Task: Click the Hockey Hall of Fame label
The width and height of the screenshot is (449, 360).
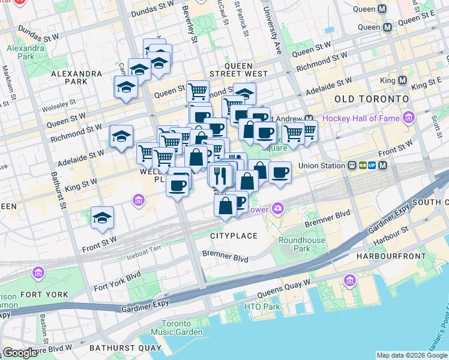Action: click(x=361, y=118)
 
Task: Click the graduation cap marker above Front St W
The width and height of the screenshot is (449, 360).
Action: click(x=103, y=218)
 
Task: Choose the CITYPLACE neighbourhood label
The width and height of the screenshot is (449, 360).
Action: click(x=234, y=236)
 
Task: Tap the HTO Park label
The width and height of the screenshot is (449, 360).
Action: click(x=262, y=307)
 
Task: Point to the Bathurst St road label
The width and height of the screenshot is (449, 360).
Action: click(x=62, y=190)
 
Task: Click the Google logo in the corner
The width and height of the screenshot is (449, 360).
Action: click(x=20, y=352)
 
